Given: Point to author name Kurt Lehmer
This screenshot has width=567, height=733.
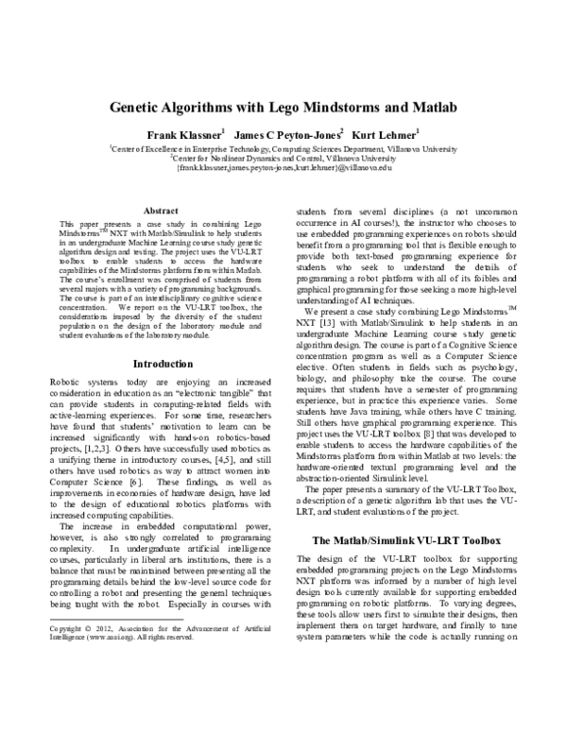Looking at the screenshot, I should pyautogui.click(x=388, y=134).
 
